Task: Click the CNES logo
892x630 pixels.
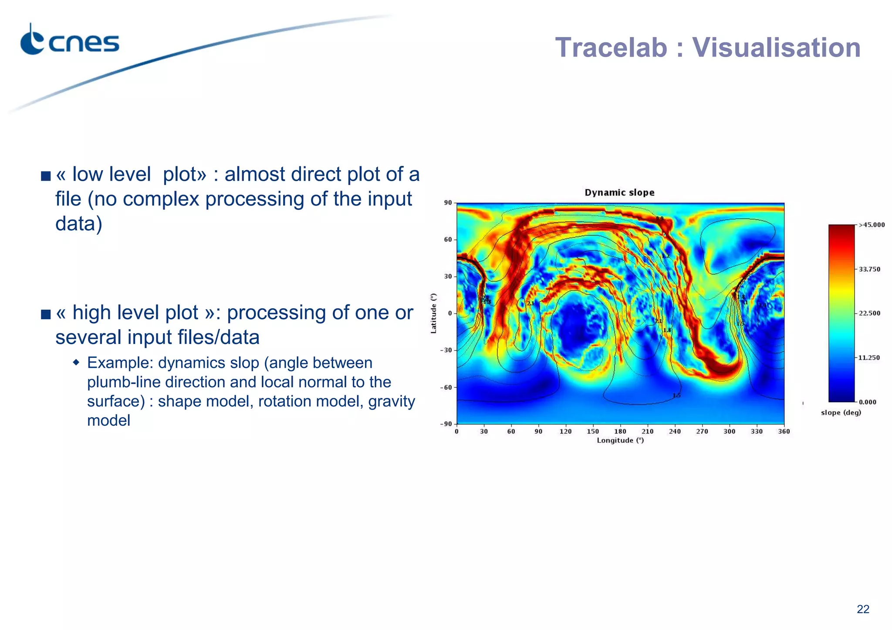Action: coord(70,41)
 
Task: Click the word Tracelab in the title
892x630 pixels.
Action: coord(611,47)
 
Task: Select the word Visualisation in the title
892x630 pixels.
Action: coord(776,47)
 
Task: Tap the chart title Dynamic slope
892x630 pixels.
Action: coord(619,192)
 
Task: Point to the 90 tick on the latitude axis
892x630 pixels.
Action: coord(448,203)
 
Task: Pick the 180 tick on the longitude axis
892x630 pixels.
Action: coord(620,431)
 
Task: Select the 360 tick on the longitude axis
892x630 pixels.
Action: coord(784,431)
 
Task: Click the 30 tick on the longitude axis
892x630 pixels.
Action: coord(483,431)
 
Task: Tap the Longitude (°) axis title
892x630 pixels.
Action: coord(620,441)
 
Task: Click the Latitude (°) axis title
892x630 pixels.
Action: coord(433,313)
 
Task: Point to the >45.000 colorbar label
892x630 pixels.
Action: coord(872,225)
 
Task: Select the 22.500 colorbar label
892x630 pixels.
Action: coord(869,313)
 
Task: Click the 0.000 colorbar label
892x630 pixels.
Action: coord(867,402)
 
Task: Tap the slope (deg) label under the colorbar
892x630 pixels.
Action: coord(841,413)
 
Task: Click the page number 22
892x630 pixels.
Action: coord(862,609)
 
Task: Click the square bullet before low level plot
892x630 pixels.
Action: coord(46,176)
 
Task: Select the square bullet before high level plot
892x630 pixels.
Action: coord(46,314)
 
